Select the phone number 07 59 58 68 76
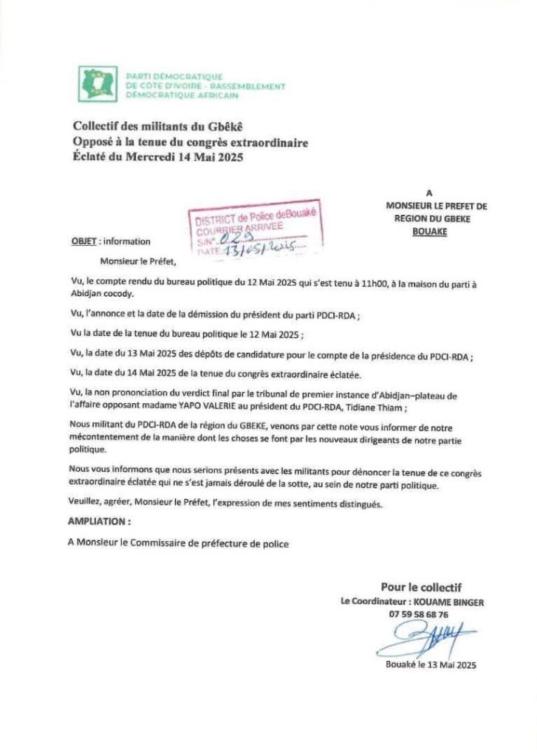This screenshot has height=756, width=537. [x=418, y=614]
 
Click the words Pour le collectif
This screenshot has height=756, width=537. [x=422, y=588]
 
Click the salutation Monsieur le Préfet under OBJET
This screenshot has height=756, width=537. [x=140, y=260]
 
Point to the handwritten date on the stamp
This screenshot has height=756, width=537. [x=256, y=249]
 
